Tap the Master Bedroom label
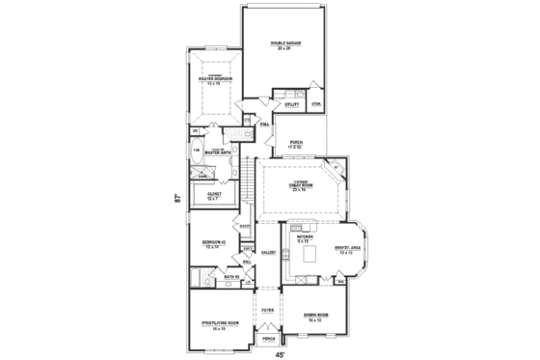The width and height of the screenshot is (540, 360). click(x=213, y=79)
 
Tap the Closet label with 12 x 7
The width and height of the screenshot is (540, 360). click(x=214, y=196)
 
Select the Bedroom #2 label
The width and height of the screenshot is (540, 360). click(x=213, y=244)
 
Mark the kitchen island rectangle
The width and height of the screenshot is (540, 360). click(x=310, y=253)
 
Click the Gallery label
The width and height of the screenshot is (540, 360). click(x=267, y=253)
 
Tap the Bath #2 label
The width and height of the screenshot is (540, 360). click(x=231, y=278)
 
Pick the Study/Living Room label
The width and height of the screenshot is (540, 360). click(x=213, y=325)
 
